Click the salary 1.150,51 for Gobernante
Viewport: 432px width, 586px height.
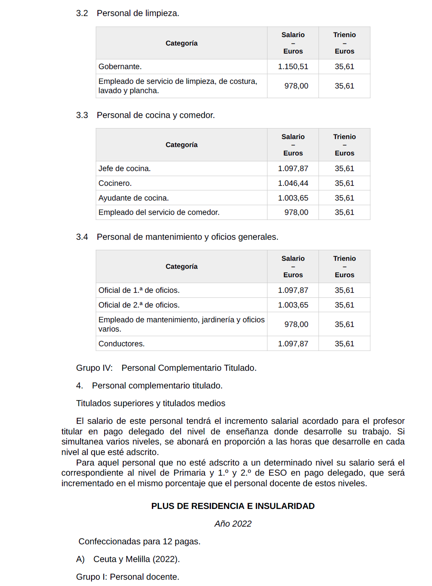(293, 67)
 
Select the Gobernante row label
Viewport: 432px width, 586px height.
(120, 67)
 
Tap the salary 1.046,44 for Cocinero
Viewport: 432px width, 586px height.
(293, 183)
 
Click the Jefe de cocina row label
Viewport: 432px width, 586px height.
(124, 169)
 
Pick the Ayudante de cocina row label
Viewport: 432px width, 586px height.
(133, 198)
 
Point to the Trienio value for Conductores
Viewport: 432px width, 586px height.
(344, 344)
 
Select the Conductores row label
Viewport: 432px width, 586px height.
(121, 344)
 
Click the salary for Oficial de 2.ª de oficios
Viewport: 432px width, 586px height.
(293, 305)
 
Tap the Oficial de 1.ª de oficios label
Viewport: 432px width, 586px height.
(139, 290)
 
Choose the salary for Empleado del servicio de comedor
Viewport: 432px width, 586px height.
(296, 212)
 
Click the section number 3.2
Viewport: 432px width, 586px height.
(82, 13)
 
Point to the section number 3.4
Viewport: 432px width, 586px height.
(82, 237)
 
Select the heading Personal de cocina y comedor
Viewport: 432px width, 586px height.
(156, 115)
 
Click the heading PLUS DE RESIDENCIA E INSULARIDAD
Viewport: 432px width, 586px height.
(233, 506)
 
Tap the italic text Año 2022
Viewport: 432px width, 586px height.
(233, 524)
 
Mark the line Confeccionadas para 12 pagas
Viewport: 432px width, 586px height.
(139, 541)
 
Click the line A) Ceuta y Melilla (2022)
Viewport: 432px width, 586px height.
(128, 559)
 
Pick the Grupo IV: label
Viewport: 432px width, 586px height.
(94, 368)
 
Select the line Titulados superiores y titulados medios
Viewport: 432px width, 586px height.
(151, 403)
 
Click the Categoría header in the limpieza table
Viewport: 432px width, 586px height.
(181, 43)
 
